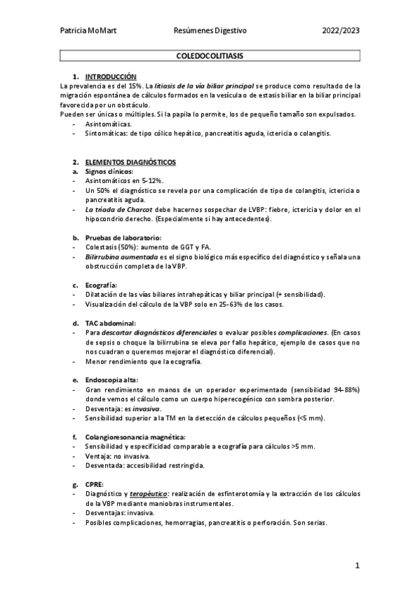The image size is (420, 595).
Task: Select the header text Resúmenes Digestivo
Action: tap(210, 31)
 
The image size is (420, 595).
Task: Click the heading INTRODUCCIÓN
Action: tap(111, 76)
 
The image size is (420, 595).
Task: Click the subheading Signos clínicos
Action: tap(109, 171)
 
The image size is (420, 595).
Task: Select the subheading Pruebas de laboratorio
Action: tap(123, 238)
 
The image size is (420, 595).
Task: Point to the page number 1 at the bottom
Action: tap(357, 566)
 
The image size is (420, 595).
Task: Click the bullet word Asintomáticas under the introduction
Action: tap(108, 123)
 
